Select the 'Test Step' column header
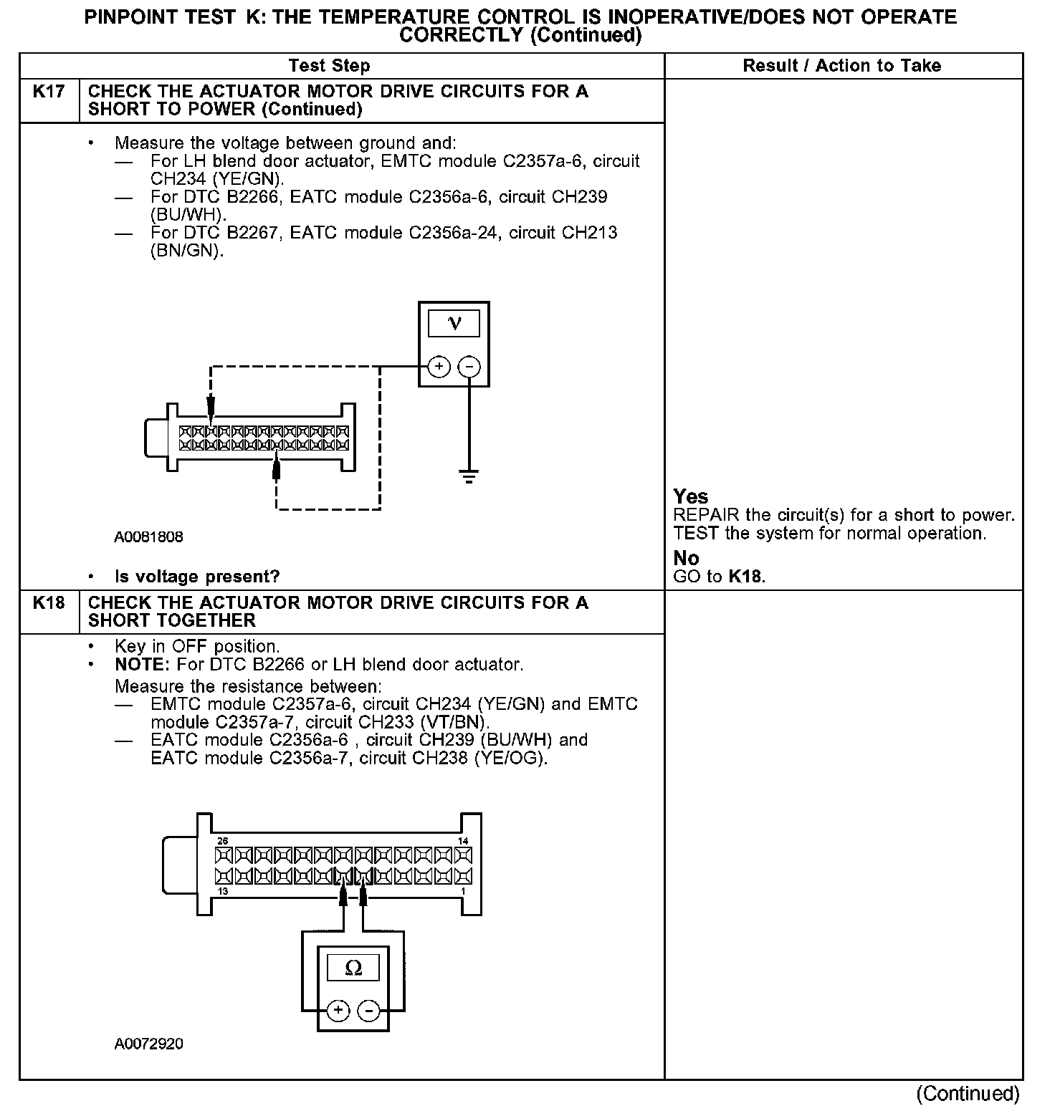(329, 66)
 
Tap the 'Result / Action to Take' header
(841, 66)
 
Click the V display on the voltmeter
(454, 324)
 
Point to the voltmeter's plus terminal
(439, 367)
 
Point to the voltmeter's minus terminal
(469, 367)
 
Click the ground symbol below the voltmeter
(469, 476)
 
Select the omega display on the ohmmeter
(353, 968)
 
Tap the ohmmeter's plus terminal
(338, 1011)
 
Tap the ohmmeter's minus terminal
(368, 1011)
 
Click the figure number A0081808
(148, 537)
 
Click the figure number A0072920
(148, 1044)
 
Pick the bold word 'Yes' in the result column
(691, 496)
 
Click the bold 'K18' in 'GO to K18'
(745, 577)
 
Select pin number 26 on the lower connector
(223, 841)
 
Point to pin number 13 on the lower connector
(223, 891)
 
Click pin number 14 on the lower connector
(463, 841)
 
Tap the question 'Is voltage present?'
(197, 577)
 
